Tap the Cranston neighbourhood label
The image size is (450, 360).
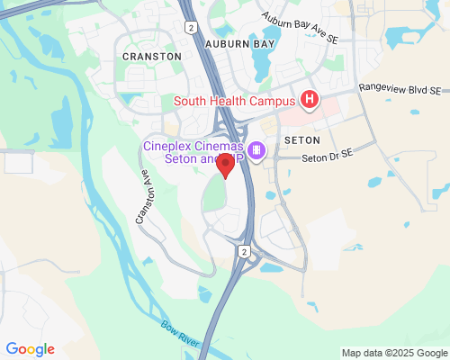coord(152,56)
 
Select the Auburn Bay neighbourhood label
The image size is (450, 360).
coord(238,42)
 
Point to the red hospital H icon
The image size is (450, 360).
coord(310,99)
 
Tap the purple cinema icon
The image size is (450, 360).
coord(256,149)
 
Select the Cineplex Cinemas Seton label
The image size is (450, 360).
coord(193,153)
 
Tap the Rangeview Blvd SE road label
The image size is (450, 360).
coord(400,90)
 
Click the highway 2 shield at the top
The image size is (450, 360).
coord(192,28)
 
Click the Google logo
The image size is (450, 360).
coord(30,349)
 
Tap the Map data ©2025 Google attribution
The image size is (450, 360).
coord(394,353)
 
